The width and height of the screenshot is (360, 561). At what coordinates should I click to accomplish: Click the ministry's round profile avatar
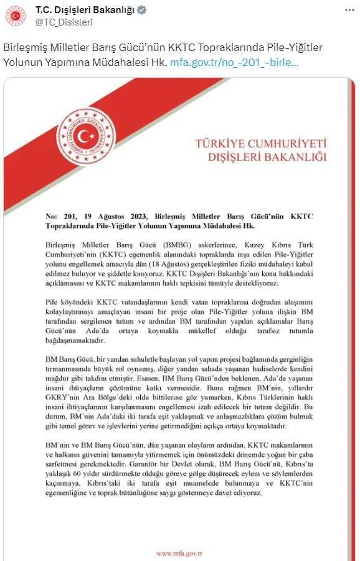pos(16,16)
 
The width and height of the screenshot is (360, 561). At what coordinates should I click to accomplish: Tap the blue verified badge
pos(142,10)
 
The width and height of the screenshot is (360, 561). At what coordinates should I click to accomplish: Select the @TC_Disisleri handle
pos(64,22)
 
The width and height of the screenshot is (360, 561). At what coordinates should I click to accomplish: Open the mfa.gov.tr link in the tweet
pos(234,63)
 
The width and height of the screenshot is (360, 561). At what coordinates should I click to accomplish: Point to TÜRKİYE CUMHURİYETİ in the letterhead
pos(260,144)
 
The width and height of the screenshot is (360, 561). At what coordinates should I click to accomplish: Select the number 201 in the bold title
pos(67,215)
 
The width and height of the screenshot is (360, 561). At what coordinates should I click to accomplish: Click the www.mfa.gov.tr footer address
pos(179,553)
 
